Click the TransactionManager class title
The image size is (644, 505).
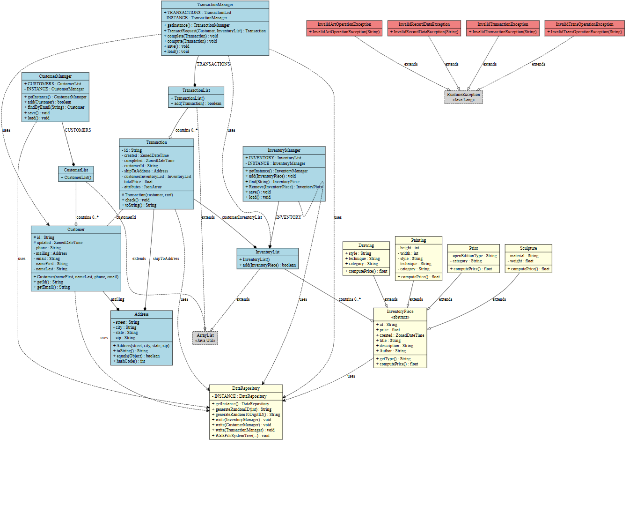[x=215, y=5]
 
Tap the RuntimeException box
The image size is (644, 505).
[x=463, y=97]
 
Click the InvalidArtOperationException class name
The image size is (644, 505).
[x=344, y=24]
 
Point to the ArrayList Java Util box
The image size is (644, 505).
[x=205, y=338]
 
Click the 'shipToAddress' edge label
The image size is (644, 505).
[x=166, y=259]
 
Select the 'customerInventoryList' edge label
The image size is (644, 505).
[x=241, y=217]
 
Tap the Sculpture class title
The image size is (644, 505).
[x=528, y=248]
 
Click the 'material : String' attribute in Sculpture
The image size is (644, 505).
[x=524, y=256]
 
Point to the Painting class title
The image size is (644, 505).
[x=418, y=240]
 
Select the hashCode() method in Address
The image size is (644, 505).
[x=130, y=361]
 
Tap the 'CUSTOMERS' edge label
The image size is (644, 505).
[x=78, y=130]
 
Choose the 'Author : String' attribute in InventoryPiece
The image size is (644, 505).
[x=392, y=351]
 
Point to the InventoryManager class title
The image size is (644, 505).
[x=284, y=150]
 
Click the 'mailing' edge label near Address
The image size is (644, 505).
[x=117, y=299]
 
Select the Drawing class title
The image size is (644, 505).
[x=366, y=245]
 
